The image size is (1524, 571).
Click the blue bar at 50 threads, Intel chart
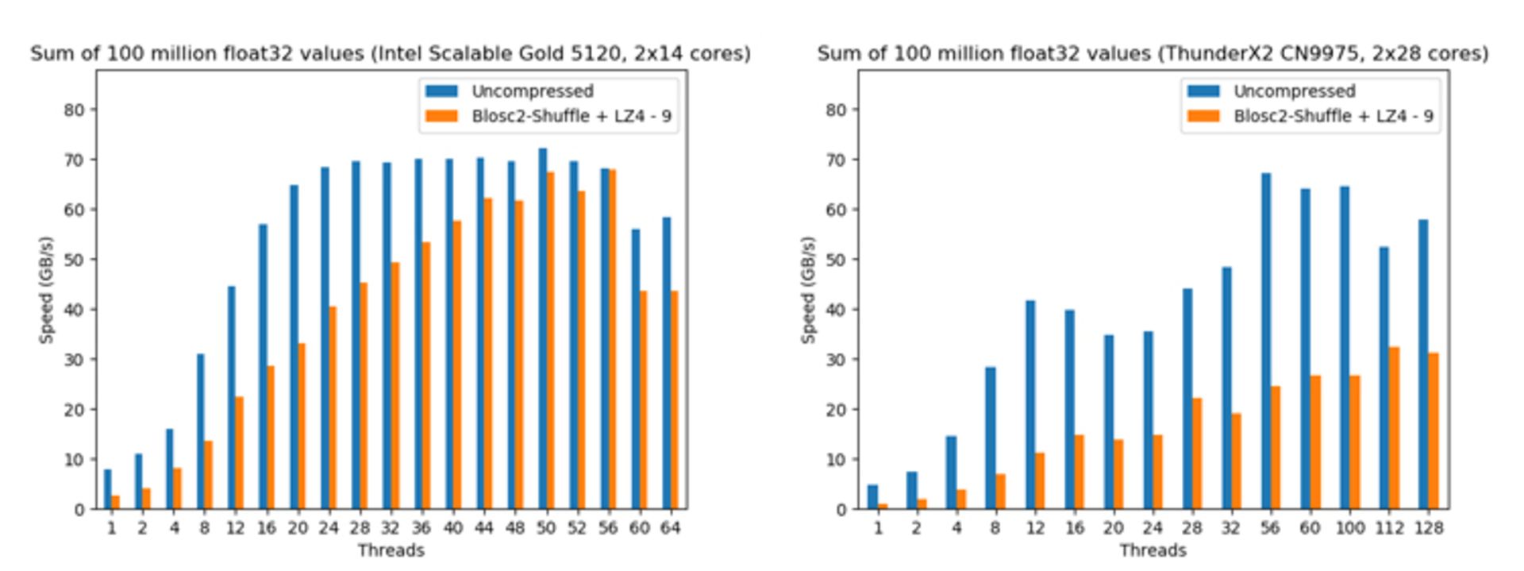click(x=542, y=329)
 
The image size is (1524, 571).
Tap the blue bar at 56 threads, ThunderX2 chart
click(x=1265, y=341)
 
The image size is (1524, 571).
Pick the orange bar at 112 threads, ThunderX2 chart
click(x=1395, y=428)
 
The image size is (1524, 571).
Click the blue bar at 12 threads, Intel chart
click(x=231, y=398)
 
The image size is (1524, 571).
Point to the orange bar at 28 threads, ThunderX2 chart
click(x=1197, y=453)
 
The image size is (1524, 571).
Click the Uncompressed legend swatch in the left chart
click(x=441, y=91)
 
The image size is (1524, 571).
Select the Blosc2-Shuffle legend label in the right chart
click(x=1333, y=116)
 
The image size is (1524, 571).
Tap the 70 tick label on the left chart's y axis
click(x=74, y=160)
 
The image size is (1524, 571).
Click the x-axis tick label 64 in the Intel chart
click(x=670, y=528)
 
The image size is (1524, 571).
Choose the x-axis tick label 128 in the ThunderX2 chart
click(x=1428, y=528)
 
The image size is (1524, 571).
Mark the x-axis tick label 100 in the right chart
click(x=1349, y=528)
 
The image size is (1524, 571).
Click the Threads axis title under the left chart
click(x=391, y=550)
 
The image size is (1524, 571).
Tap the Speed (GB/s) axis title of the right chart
click(x=808, y=290)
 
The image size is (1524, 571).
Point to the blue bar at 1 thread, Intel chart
click(x=107, y=489)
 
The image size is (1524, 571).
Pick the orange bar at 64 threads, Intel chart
click(x=674, y=400)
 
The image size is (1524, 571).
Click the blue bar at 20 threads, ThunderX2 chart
click(x=1109, y=422)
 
